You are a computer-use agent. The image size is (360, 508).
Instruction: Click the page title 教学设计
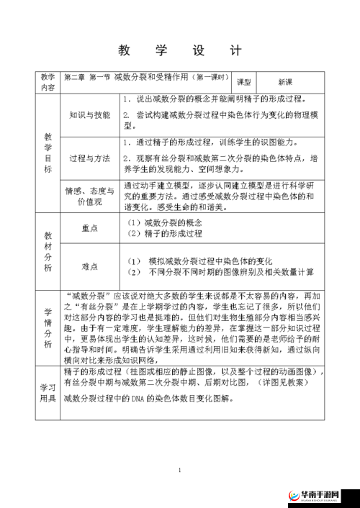[x=179, y=51]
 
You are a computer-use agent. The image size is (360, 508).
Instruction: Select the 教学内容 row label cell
[x=48, y=82]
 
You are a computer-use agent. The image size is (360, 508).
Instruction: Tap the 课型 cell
[x=243, y=82]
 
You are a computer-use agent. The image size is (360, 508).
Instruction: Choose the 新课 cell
[x=286, y=82]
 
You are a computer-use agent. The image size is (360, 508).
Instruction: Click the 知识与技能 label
[x=90, y=114]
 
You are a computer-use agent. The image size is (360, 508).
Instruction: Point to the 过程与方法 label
[x=90, y=158]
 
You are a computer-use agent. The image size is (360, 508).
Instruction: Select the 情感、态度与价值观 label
[x=90, y=196]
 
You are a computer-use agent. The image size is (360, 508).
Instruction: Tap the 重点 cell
[x=90, y=228]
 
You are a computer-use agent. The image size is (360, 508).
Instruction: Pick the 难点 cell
[x=90, y=266]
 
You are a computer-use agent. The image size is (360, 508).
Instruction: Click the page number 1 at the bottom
[x=180, y=470]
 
